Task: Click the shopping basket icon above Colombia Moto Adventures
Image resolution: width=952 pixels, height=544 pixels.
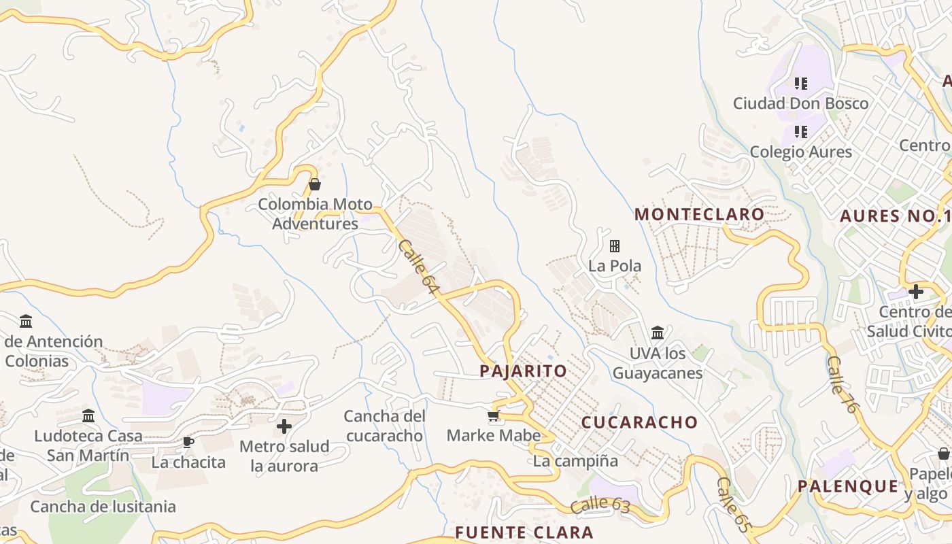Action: click(315, 184)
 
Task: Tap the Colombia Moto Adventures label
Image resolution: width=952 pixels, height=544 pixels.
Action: click(315, 214)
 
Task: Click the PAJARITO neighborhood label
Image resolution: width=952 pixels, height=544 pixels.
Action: click(523, 371)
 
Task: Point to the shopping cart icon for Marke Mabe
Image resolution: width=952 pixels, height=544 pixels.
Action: click(494, 416)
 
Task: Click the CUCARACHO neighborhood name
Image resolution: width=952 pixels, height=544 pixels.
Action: click(639, 422)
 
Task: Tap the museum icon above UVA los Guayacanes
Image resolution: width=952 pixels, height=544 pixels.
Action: click(658, 333)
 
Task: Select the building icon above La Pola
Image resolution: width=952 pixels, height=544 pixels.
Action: click(615, 246)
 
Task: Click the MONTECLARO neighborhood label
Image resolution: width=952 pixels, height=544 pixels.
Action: click(700, 215)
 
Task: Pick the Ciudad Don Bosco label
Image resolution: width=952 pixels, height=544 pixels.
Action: click(800, 103)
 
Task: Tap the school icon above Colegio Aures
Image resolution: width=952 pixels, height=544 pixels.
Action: click(801, 131)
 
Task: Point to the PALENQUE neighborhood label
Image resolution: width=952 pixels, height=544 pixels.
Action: click(848, 486)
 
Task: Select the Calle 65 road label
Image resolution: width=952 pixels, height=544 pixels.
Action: click(733, 505)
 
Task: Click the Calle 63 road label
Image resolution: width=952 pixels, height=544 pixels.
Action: click(600, 505)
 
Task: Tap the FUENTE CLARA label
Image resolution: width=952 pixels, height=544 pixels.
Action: click(524, 532)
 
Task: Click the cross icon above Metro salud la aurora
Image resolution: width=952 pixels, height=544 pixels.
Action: click(284, 427)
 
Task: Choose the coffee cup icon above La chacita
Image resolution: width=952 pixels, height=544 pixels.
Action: click(188, 443)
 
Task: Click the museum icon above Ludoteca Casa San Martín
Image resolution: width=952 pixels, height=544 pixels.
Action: click(88, 416)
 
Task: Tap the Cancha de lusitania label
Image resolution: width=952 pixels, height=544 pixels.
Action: click(103, 507)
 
